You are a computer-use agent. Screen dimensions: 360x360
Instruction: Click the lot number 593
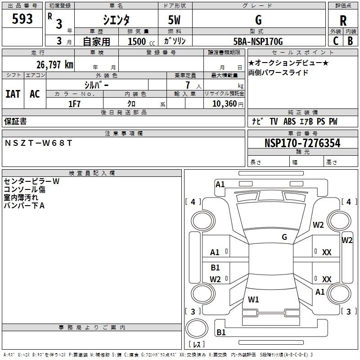click(x=22, y=18)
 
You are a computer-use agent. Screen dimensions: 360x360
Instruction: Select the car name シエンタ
click(x=116, y=20)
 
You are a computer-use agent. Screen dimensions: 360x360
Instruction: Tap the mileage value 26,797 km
click(x=55, y=64)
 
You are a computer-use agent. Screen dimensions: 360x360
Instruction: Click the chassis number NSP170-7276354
click(x=302, y=143)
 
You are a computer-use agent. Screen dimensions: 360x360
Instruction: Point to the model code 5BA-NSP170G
click(x=258, y=41)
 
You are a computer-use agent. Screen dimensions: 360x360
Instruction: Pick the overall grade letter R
click(x=343, y=21)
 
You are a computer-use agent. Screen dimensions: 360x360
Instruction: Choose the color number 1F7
click(x=74, y=104)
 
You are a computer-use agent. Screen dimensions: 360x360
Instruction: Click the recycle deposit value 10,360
click(x=224, y=103)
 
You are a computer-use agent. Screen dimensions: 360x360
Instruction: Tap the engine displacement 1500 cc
click(x=141, y=41)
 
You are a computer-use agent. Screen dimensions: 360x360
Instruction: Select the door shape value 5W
click(x=174, y=20)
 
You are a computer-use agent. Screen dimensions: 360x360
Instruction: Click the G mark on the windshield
click(x=284, y=237)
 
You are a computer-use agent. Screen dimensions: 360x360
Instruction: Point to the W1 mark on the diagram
click(x=253, y=299)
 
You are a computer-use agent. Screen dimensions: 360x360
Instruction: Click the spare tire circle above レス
click(x=197, y=328)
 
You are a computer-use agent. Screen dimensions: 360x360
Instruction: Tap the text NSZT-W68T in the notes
click(x=38, y=143)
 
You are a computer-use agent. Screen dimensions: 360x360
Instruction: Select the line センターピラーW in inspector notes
click(x=31, y=181)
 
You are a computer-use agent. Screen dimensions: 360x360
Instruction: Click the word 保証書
click(x=15, y=121)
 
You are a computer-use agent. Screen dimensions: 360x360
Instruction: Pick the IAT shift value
click(x=13, y=94)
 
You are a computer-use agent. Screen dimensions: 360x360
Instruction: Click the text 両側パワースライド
click(x=278, y=72)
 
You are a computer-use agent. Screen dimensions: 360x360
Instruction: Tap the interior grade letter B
click(x=350, y=41)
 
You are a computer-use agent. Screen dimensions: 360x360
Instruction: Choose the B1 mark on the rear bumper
click(x=221, y=332)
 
